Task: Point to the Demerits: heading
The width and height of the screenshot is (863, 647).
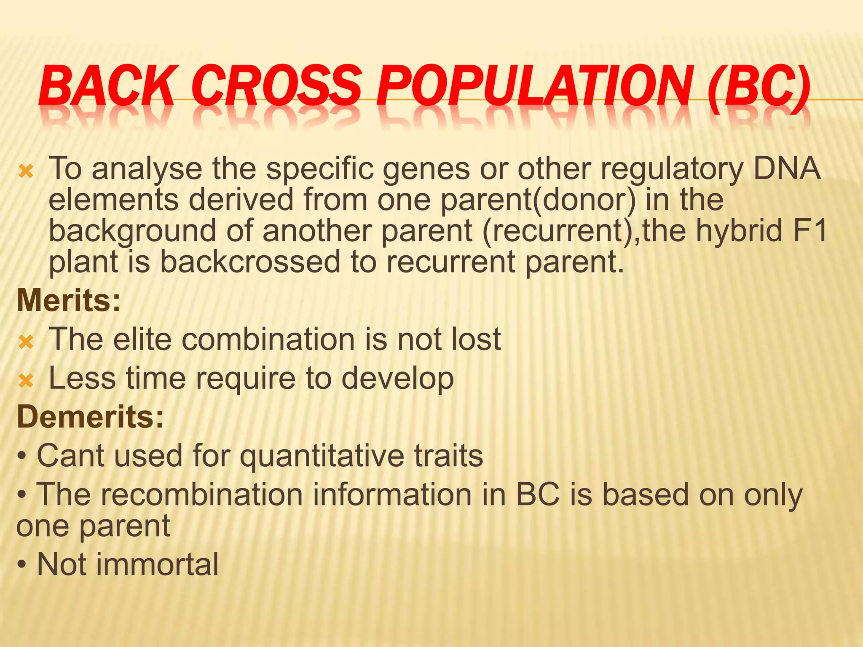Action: tap(90, 417)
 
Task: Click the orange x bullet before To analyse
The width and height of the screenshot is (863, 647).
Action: tap(26, 171)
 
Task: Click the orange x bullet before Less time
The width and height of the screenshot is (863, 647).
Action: tap(26, 381)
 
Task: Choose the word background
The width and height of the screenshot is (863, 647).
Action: tap(132, 232)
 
